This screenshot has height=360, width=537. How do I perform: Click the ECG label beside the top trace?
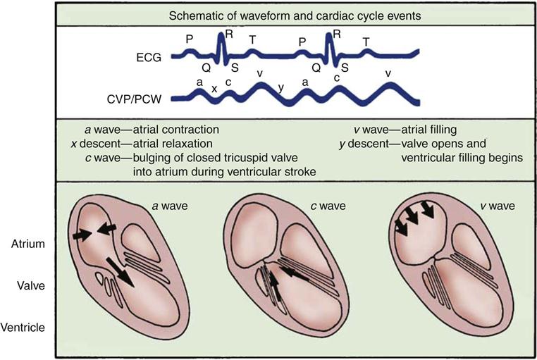tap(149, 58)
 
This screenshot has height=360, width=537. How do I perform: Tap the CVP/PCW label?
tap(135, 100)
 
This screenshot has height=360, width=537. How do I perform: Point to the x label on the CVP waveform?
tap(214, 89)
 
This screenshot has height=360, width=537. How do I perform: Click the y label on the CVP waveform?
tap(281, 88)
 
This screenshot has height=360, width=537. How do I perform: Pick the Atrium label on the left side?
tap(28, 244)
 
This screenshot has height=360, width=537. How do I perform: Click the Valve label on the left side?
tap(31, 285)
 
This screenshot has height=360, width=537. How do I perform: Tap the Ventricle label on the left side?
tap(23, 328)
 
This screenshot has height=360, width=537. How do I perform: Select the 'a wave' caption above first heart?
tap(171, 206)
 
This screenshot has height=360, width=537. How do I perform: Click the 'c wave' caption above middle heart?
tap(328, 206)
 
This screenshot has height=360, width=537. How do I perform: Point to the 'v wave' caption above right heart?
tap(498, 206)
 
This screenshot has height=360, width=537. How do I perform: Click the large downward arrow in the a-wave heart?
tap(120, 272)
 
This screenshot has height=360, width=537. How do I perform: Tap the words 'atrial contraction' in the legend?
tap(176, 130)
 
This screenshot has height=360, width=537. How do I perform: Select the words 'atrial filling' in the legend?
tap(428, 130)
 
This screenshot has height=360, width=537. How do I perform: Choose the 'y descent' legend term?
tap(364, 144)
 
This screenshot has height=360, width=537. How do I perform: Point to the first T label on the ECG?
tap(252, 40)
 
